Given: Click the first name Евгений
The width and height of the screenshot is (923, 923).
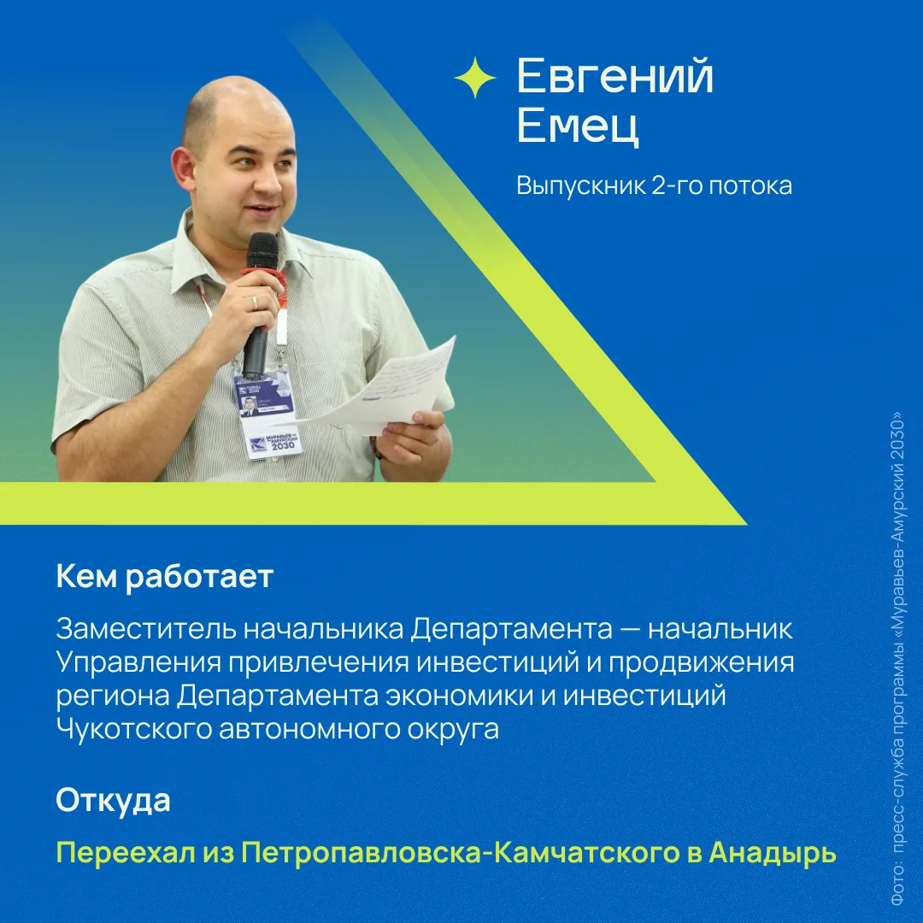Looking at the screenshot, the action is [x=614, y=77].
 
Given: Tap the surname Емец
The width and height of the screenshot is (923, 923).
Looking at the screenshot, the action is [x=578, y=126].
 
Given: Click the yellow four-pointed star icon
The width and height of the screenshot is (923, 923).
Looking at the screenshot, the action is [x=475, y=77].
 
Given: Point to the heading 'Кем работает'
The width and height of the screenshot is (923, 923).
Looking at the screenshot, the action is [x=165, y=576].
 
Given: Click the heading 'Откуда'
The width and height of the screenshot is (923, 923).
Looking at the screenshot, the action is [x=113, y=800].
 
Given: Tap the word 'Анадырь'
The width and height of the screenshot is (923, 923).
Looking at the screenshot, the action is [x=773, y=852].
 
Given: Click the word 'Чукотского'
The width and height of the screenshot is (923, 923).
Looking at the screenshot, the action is [x=134, y=729].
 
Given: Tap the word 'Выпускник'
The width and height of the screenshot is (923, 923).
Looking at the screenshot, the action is [x=579, y=186].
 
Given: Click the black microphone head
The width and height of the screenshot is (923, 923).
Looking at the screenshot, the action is [x=262, y=251].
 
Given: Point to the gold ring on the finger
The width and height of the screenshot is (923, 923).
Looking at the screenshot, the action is [x=255, y=303].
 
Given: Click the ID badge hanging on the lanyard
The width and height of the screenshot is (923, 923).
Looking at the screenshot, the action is [x=267, y=414].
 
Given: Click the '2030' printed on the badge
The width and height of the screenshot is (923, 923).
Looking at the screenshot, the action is [x=283, y=445].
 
